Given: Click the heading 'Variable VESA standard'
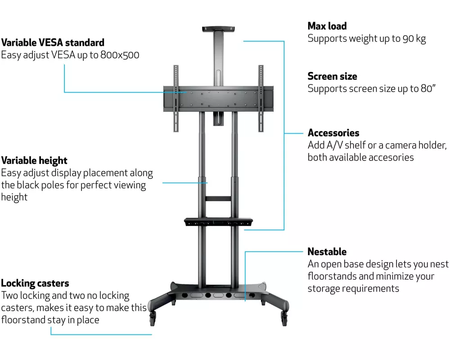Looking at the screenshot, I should click(x=53, y=43).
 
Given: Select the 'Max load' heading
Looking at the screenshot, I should click(x=327, y=26).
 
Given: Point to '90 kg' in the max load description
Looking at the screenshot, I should click(x=414, y=39).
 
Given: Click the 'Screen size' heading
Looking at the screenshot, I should click(x=332, y=76).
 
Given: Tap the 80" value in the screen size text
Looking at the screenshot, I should click(x=428, y=89).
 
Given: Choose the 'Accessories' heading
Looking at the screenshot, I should click(x=333, y=133).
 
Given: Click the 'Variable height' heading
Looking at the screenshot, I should click(x=34, y=161).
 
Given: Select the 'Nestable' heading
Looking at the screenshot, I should click(x=327, y=252).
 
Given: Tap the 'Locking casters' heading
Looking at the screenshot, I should click(x=35, y=283).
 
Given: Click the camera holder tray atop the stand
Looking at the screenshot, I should click(x=219, y=29).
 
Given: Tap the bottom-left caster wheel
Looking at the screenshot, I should click(x=152, y=319).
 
